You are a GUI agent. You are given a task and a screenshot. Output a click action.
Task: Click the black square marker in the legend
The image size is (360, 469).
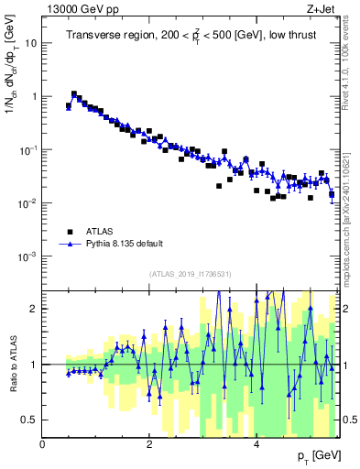(69, 232)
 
